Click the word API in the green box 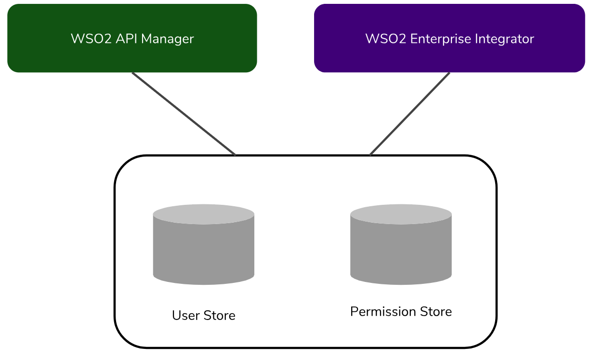coord(124,39)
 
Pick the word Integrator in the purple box coord(505,39)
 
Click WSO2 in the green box coord(92,39)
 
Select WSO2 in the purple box coord(386,39)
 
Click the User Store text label coord(203,316)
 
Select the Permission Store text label coord(401,312)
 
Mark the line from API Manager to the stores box coord(184,114)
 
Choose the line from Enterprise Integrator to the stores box coord(410,114)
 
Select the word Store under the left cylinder coord(219,316)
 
